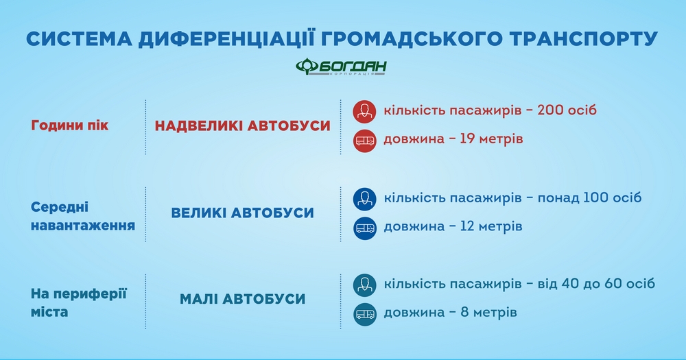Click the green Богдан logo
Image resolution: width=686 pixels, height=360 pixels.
tap(341, 67)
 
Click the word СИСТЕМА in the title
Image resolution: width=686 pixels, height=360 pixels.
tap(79, 39)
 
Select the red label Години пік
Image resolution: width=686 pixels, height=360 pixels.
tap(69, 125)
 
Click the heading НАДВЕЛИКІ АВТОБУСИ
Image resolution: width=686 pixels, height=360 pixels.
tap(242, 126)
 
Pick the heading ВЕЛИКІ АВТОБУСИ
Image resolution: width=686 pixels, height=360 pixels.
tap(242, 213)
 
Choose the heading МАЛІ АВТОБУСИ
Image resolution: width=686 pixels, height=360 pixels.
tap(242, 299)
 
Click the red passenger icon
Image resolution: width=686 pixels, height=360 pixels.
tap(364, 112)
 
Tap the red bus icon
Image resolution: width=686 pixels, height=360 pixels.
tap(364, 141)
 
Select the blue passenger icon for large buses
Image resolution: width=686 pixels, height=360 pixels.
tap(364, 199)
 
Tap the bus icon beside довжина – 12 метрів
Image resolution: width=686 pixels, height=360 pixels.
tap(364, 228)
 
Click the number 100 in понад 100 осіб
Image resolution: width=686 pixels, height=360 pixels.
tap(596, 197)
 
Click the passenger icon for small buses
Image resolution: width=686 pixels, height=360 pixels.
tap(364, 285)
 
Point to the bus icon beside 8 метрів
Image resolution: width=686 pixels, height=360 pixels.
tap(364, 314)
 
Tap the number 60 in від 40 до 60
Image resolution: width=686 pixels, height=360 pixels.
tap(613, 283)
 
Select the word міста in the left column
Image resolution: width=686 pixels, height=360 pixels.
tap(49, 312)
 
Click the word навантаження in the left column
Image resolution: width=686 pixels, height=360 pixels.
tap(83, 226)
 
